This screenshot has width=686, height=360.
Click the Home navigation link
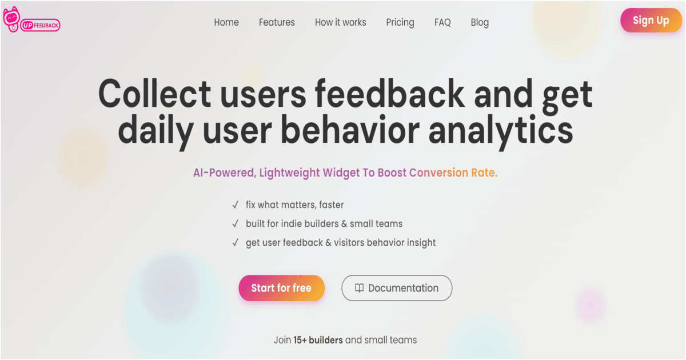pos(226,22)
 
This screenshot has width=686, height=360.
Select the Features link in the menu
pos(277,22)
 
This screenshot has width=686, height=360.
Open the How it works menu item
pos(340,22)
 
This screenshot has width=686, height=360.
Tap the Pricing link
pos(400,22)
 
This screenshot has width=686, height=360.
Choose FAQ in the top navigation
pos(442,22)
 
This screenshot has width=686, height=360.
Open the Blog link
pos(480,22)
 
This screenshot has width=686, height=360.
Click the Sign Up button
pos(651,21)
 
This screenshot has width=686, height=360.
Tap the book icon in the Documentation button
pos(359,288)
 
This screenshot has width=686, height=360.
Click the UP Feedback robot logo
pos(11,21)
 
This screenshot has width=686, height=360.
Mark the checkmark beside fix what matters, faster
pos(235,205)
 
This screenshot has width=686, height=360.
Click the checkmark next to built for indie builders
pos(235,223)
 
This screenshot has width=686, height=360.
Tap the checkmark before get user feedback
pos(235,242)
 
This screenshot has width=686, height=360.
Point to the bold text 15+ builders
pos(318,340)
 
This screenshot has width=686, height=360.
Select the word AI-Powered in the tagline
pos(224,173)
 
